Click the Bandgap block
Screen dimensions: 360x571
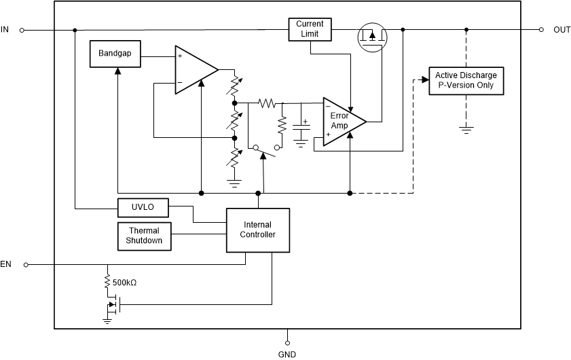[115, 54]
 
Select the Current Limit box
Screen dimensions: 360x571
[310, 29]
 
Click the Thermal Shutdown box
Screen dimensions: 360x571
[144, 235]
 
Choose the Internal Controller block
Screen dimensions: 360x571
[258, 230]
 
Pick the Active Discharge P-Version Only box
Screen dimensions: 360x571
[466, 80]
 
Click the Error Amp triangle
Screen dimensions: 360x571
[342, 121]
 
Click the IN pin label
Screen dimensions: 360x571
[5, 29]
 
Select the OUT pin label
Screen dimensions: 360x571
[561, 29]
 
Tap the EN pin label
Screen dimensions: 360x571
[6, 264]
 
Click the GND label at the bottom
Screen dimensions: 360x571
[287, 354]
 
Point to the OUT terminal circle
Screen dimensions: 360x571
[541, 30]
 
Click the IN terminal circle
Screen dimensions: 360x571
[22, 30]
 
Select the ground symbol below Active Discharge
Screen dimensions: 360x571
[466, 128]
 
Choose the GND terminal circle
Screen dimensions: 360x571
[287, 342]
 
